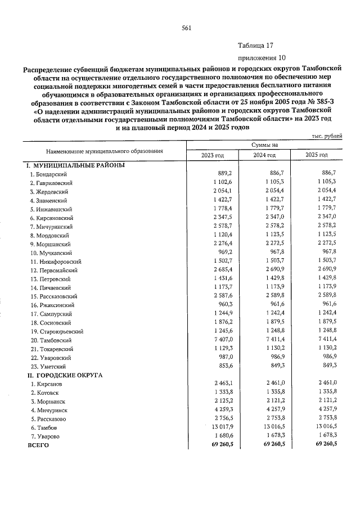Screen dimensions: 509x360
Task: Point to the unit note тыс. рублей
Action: (327, 137)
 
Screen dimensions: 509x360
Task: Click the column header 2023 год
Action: (213, 155)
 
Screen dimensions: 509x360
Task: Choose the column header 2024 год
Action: (264, 155)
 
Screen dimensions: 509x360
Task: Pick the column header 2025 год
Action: (317, 155)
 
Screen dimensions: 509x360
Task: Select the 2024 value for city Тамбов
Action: (276, 427)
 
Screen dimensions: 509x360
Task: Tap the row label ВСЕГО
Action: (39, 445)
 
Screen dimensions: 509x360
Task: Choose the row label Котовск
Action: (46, 393)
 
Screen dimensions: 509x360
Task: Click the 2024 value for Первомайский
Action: (274, 270)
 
